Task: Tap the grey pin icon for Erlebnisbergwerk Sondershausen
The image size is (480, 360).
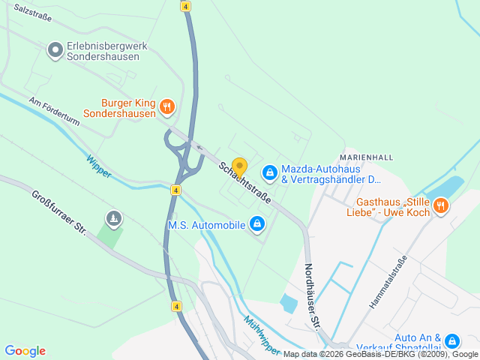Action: pyautogui.click(x=55, y=50)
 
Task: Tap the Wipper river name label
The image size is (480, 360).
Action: pyautogui.click(x=98, y=166)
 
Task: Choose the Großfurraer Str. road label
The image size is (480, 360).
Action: pyautogui.click(x=59, y=213)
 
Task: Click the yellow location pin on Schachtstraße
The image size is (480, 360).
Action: pyautogui.click(x=239, y=166)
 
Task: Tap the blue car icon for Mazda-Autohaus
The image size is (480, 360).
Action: pyautogui.click(x=269, y=173)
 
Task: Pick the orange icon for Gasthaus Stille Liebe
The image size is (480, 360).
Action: pyautogui.click(x=440, y=205)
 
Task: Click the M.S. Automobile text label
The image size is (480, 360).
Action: pyautogui.click(x=206, y=224)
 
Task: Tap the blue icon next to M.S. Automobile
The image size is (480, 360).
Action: pyautogui.click(x=257, y=223)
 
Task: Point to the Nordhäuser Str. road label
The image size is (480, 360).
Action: pyautogui.click(x=313, y=295)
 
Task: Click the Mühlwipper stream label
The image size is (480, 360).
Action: pyautogui.click(x=262, y=334)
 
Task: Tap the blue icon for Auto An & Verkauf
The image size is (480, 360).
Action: pyautogui.click(x=451, y=341)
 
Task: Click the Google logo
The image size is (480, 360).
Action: pyautogui.click(x=25, y=350)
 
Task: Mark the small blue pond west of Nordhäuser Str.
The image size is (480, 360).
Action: pyautogui.click(x=288, y=304)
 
